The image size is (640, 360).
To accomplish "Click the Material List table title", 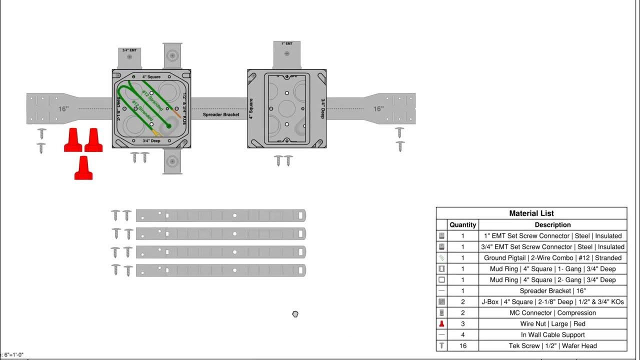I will coord(531,213).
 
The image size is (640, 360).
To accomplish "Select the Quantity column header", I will coord(462,225).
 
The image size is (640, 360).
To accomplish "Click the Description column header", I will coord(552,225).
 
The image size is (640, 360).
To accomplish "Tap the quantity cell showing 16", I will coord(462,345).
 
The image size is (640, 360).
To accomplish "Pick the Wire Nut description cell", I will coord(552,323).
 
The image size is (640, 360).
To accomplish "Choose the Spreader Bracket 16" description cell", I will coord(552,290).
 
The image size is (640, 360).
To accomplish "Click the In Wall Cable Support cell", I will coord(552,334).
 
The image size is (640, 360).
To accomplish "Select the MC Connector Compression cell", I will coord(552,312).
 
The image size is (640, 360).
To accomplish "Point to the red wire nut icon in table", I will coord(441,323).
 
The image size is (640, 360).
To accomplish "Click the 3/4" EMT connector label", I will coord(129,50).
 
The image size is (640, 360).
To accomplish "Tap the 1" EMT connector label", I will coord(286,44).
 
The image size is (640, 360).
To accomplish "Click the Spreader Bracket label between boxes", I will coord(221,114).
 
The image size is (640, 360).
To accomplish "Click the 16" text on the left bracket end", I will coord(63,108).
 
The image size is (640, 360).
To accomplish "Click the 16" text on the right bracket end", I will coord(378,108).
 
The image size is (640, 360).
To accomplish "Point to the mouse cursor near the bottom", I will coord(295,314).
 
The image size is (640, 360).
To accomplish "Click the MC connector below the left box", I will coord(172,161).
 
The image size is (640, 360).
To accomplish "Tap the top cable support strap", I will coord(220,215).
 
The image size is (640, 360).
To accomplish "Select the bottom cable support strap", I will coord(220,270).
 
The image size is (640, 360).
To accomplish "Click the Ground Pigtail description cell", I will coord(552,257).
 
